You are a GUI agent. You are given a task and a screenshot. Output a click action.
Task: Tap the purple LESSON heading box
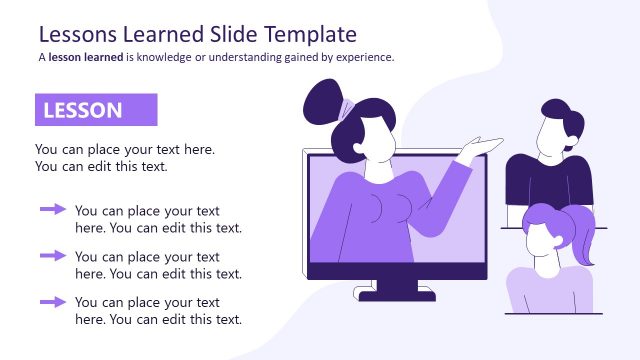[x=96, y=110]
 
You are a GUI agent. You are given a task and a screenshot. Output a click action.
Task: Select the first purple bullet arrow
[x=52, y=209]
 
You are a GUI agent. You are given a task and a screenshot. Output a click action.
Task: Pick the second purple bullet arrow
[x=52, y=255]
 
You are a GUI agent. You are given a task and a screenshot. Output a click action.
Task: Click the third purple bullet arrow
[x=52, y=300]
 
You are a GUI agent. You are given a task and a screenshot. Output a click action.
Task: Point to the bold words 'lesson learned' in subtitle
[x=85, y=57]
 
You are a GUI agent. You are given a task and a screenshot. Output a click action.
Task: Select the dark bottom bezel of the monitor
[x=397, y=271]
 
